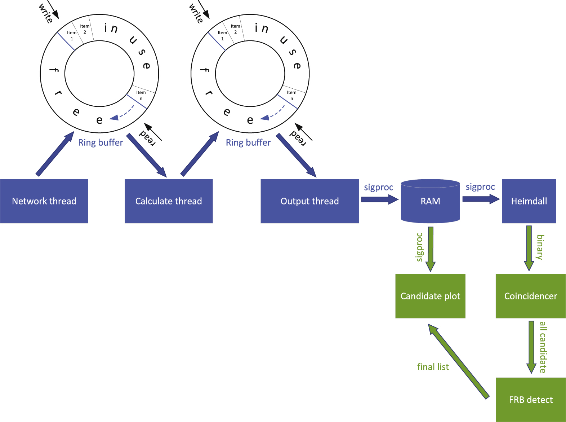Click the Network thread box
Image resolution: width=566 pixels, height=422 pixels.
(44, 201)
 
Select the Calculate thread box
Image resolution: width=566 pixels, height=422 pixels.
(169, 201)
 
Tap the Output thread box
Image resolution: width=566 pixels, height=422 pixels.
(309, 201)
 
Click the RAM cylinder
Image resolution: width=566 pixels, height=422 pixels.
(430, 201)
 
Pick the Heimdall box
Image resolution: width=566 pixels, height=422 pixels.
(529, 201)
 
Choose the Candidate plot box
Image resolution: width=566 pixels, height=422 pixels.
(430, 296)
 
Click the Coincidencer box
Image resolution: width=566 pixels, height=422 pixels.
(530, 296)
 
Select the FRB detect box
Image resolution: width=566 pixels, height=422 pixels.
(530, 399)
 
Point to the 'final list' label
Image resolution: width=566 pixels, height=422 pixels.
(433, 367)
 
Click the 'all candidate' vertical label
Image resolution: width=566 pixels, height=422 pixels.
(543, 347)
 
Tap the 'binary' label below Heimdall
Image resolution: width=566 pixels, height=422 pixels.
(540, 247)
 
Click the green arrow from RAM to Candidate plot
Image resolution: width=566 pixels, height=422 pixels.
(431, 249)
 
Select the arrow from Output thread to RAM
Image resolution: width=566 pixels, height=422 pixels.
(379, 199)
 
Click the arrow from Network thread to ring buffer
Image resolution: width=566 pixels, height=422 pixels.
(55, 154)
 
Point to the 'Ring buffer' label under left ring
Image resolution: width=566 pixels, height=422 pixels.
(101, 142)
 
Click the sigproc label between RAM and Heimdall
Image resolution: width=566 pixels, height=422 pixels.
(480, 187)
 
